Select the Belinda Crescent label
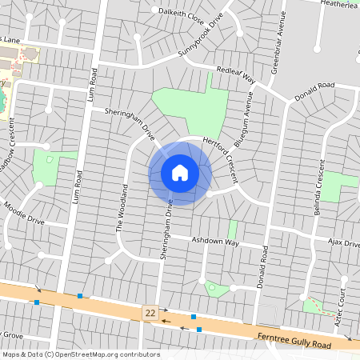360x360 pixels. click(318, 199)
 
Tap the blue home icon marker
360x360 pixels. click(180, 173)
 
